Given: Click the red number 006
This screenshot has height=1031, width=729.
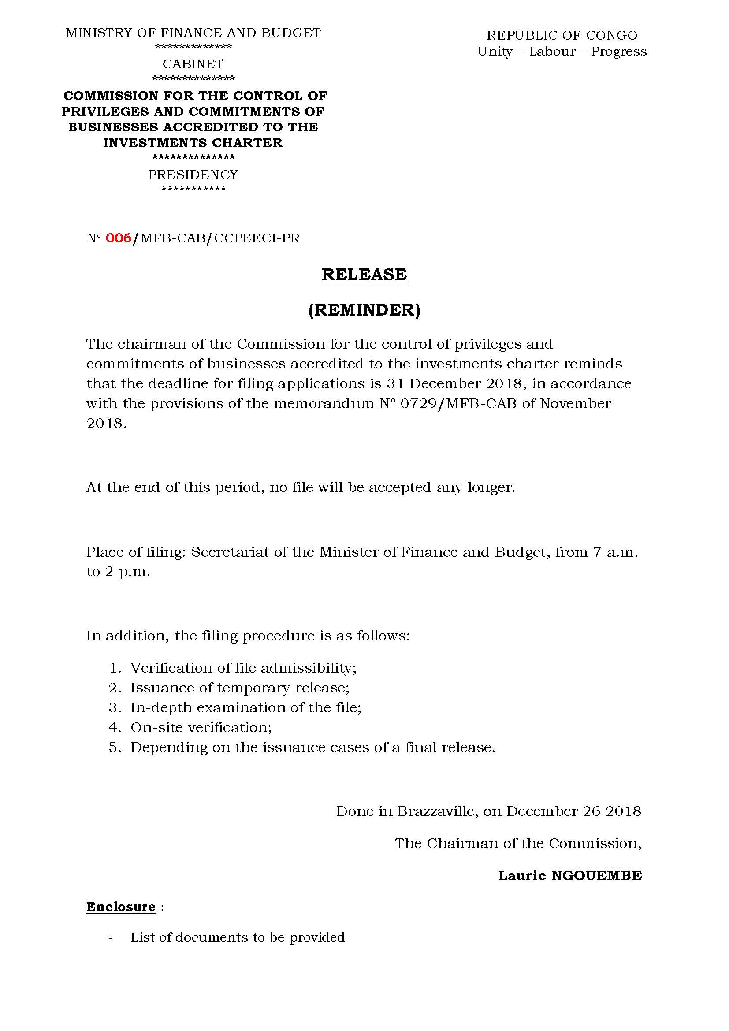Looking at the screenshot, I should click(x=119, y=238).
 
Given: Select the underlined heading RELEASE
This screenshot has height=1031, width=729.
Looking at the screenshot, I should click(x=364, y=274).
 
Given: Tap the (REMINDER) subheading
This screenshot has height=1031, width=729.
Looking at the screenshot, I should click(x=364, y=310).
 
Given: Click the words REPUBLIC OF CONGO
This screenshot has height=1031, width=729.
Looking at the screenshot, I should click(x=562, y=35).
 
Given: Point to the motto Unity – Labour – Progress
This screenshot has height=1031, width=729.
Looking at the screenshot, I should click(x=562, y=52).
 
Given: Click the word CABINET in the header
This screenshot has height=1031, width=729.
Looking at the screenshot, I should click(x=193, y=64).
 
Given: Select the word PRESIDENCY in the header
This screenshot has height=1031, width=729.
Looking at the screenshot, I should click(x=193, y=174).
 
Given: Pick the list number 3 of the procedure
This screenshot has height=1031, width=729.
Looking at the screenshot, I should click(x=114, y=708).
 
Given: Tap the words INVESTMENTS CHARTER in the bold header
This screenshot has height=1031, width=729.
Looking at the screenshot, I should click(x=193, y=143).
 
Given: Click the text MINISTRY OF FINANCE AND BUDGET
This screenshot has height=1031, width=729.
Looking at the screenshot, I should click(x=193, y=33).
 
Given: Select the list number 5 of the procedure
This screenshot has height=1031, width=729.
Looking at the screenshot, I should click(x=114, y=747).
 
